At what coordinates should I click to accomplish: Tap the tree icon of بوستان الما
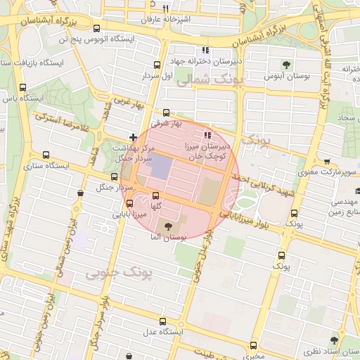(168, 226)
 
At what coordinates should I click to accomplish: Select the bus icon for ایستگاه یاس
(23, 88)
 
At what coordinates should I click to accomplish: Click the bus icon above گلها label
(155, 196)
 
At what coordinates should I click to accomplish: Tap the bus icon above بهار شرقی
(166, 112)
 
